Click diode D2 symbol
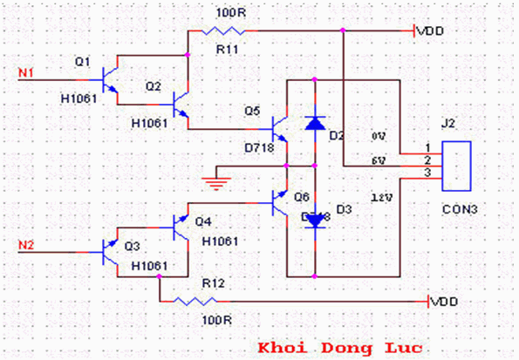pos(315,123)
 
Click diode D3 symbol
pos(315,221)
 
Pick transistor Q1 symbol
pos(110,79)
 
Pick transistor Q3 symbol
pos(110,253)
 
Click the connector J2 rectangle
pos(456,165)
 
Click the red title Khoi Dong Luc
pos(339,347)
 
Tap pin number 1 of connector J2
pos(427,148)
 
